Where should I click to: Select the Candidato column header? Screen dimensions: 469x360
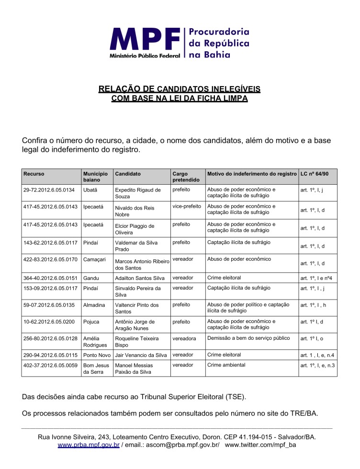(x=128, y=174)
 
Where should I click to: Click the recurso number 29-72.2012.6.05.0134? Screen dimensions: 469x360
(x=49, y=190)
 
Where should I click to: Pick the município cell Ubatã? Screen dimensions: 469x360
(x=90, y=190)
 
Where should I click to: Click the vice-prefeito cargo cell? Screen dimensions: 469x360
(x=187, y=206)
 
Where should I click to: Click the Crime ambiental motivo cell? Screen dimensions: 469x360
(x=226, y=365)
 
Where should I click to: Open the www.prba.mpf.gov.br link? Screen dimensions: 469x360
(x=89, y=445)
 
